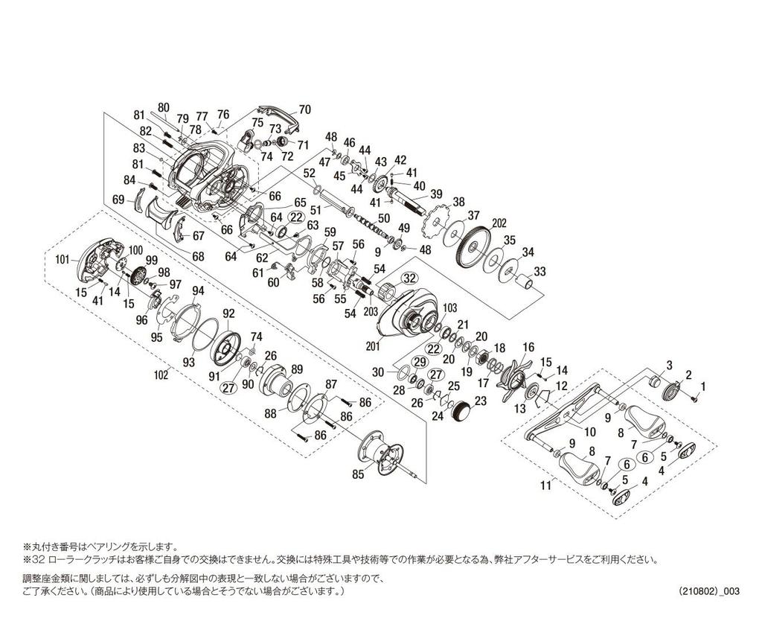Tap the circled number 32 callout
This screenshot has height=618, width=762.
[409, 278]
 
